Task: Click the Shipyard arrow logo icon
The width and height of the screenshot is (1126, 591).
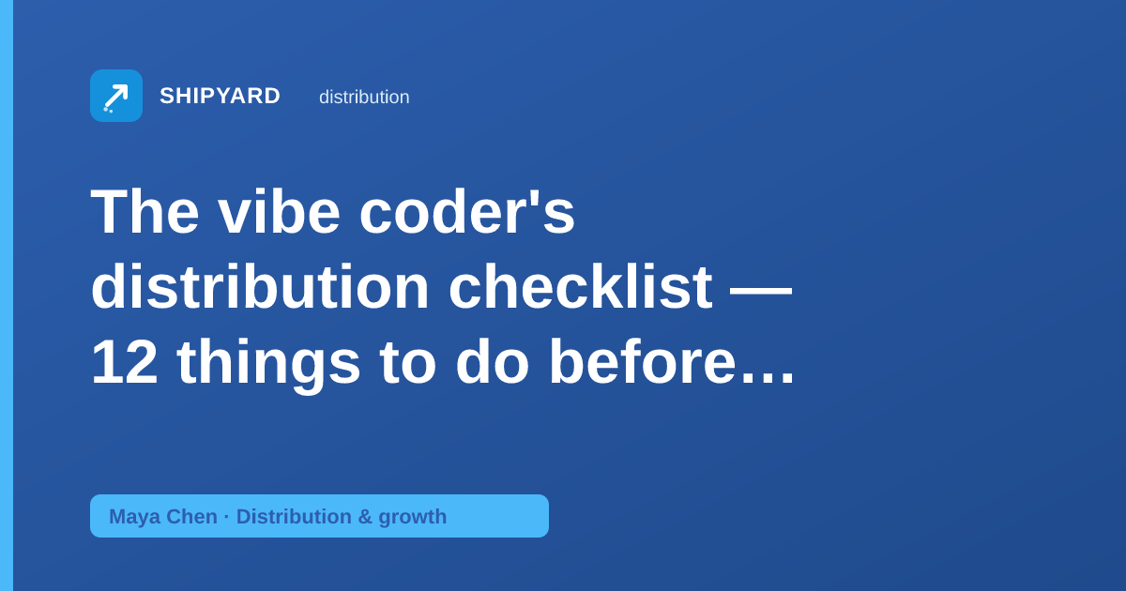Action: (x=116, y=96)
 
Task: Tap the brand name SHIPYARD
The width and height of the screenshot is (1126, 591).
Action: (x=220, y=96)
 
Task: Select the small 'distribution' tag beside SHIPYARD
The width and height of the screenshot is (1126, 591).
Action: (x=364, y=97)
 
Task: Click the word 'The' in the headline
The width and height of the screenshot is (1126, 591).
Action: (x=145, y=211)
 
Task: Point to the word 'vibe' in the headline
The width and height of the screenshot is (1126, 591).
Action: (x=280, y=211)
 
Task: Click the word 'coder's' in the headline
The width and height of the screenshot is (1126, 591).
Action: (x=467, y=211)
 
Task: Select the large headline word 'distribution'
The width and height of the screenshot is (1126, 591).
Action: (x=260, y=286)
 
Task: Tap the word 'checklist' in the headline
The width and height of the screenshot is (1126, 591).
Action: (x=581, y=286)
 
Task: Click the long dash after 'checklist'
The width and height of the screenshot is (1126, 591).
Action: (x=761, y=291)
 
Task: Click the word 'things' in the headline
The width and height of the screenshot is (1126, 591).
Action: (x=269, y=365)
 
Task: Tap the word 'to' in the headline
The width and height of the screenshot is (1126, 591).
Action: (x=407, y=363)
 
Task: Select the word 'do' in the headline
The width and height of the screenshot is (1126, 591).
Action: (x=492, y=361)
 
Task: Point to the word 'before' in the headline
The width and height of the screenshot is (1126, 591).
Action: (x=643, y=361)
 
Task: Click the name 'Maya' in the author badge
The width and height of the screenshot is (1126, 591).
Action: (x=134, y=517)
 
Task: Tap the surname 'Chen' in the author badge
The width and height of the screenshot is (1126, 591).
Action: (x=191, y=516)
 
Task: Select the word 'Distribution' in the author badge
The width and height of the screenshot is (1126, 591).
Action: (x=294, y=516)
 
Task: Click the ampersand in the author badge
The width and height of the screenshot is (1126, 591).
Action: (x=365, y=516)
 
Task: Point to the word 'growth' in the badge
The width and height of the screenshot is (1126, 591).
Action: (x=413, y=517)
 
